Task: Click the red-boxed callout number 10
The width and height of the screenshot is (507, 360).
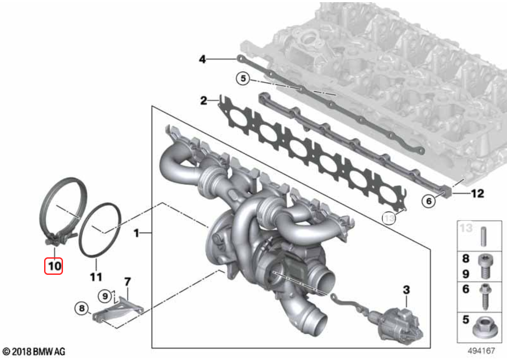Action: point(54,266)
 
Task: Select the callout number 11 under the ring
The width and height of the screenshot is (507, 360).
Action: point(96,277)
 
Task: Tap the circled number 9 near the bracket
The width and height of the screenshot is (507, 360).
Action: point(105,296)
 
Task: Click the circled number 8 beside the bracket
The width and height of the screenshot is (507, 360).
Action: point(82,308)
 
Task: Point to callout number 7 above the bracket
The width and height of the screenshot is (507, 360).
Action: point(128,282)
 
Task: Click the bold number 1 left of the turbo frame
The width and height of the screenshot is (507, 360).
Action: point(136,233)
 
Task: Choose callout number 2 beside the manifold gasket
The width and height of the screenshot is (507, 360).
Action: point(203,100)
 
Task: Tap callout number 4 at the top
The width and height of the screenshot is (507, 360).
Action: point(202,59)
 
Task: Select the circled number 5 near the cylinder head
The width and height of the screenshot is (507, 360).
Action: point(243,78)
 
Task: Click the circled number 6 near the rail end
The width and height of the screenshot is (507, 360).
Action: point(429,201)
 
